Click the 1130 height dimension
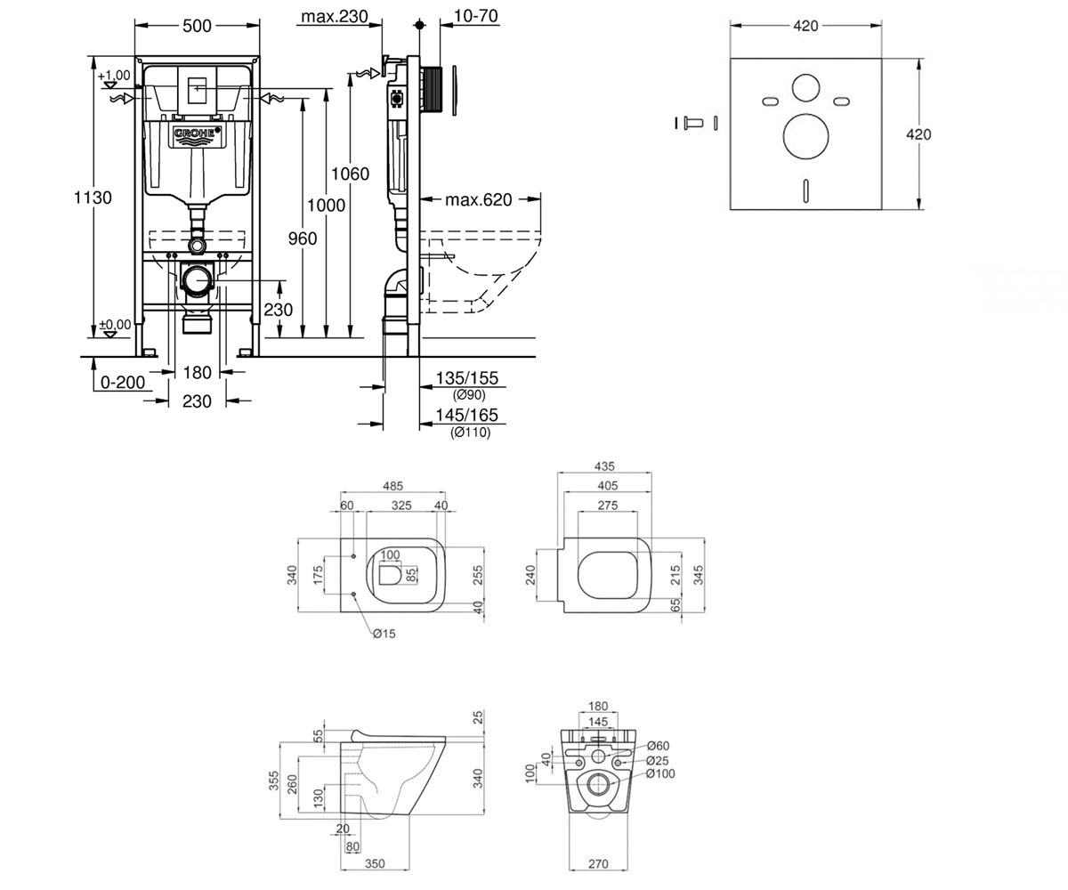click(93, 198)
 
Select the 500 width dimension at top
click(197, 26)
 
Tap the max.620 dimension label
click(478, 199)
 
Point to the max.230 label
click(334, 16)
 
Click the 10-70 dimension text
click(475, 16)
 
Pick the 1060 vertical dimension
click(350, 174)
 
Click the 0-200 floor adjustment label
click(123, 382)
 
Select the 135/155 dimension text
click(466, 378)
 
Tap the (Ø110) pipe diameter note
click(470, 433)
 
